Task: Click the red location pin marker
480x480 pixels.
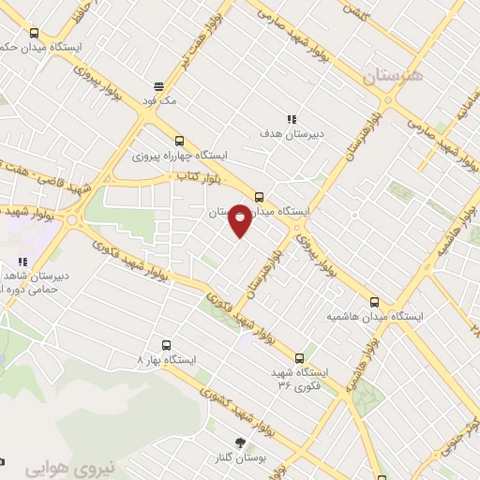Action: pyautogui.click(x=240, y=219)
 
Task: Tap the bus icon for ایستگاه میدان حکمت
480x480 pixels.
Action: pyautogui.click(x=35, y=33)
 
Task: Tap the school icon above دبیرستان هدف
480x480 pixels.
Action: pyautogui.click(x=292, y=119)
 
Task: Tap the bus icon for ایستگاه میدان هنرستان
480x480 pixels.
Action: pyautogui.click(x=260, y=197)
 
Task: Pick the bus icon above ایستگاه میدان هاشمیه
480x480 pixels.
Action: pyautogui.click(x=375, y=302)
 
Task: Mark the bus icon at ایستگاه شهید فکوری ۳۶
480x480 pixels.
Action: pyautogui.click(x=300, y=357)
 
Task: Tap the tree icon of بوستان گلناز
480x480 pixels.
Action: pyautogui.click(x=240, y=442)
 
